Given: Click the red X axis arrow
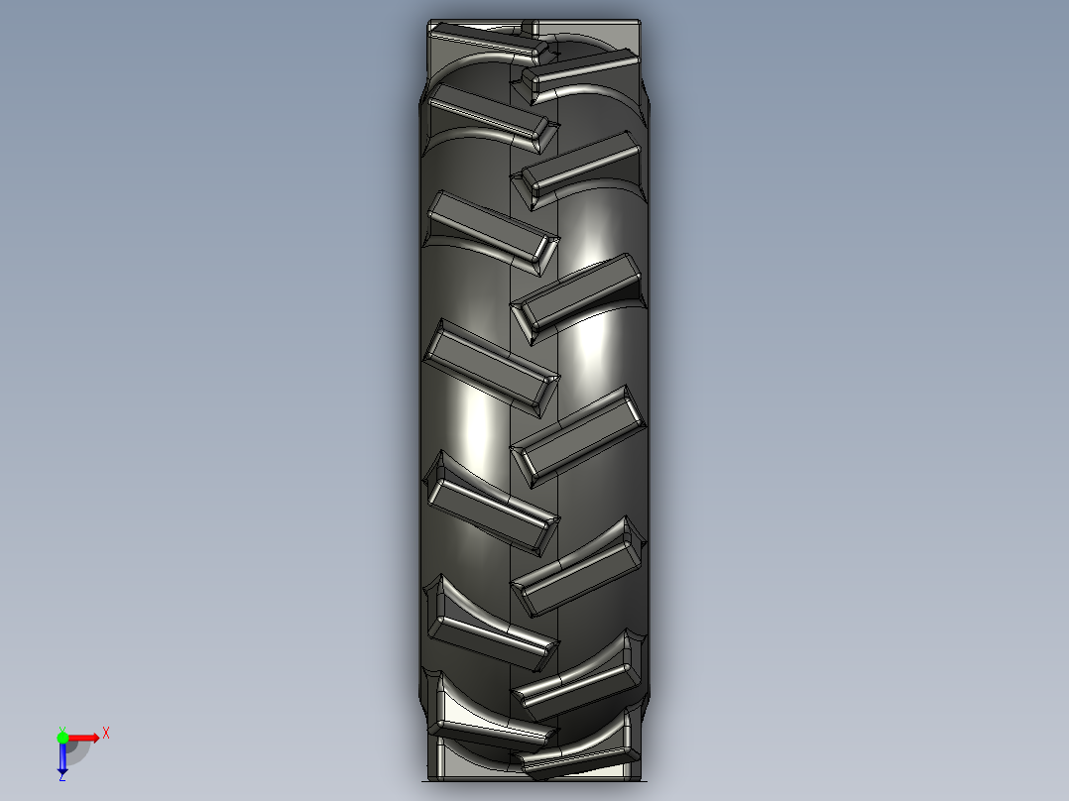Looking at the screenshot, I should coord(84,738).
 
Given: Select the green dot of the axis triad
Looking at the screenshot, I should coord(62,737).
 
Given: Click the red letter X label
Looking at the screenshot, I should coord(105,734).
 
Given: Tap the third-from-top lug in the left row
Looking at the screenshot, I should coord(493,231).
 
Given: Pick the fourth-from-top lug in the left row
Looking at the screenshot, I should coord(491,368).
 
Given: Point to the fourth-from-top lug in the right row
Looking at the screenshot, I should coord(579,436).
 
